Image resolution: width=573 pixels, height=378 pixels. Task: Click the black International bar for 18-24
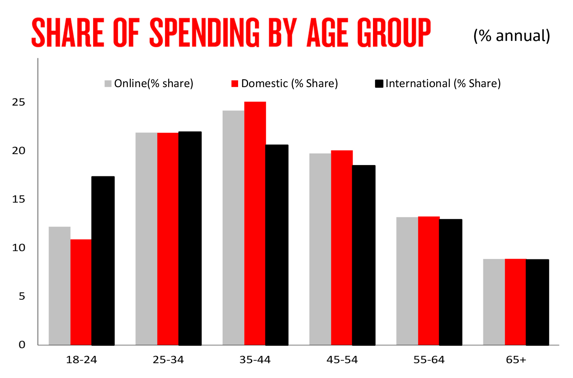click(x=103, y=261)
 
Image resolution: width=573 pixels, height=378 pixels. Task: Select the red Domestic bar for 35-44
click(x=255, y=223)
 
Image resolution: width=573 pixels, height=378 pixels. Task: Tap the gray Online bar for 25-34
click(x=146, y=239)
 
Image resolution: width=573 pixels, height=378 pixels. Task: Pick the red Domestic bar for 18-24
click(x=81, y=292)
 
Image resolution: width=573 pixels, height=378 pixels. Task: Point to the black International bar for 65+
click(x=538, y=302)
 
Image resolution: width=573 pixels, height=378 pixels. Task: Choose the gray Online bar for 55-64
click(x=407, y=281)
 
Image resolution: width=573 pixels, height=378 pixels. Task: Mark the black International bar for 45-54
click(x=364, y=255)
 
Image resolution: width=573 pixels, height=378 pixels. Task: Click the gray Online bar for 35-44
click(x=233, y=228)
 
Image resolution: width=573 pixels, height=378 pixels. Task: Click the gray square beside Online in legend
click(x=108, y=84)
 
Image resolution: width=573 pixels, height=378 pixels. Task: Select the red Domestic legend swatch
click(x=235, y=84)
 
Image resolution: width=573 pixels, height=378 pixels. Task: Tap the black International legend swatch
click(x=379, y=84)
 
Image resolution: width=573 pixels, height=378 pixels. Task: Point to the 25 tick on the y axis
click(x=19, y=102)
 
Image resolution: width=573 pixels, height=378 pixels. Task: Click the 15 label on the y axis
click(x=19, y=199)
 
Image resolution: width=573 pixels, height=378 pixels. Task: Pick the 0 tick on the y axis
click(x=22, y=345)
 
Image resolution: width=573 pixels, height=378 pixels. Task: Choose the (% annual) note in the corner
click(x=512, y=36)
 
